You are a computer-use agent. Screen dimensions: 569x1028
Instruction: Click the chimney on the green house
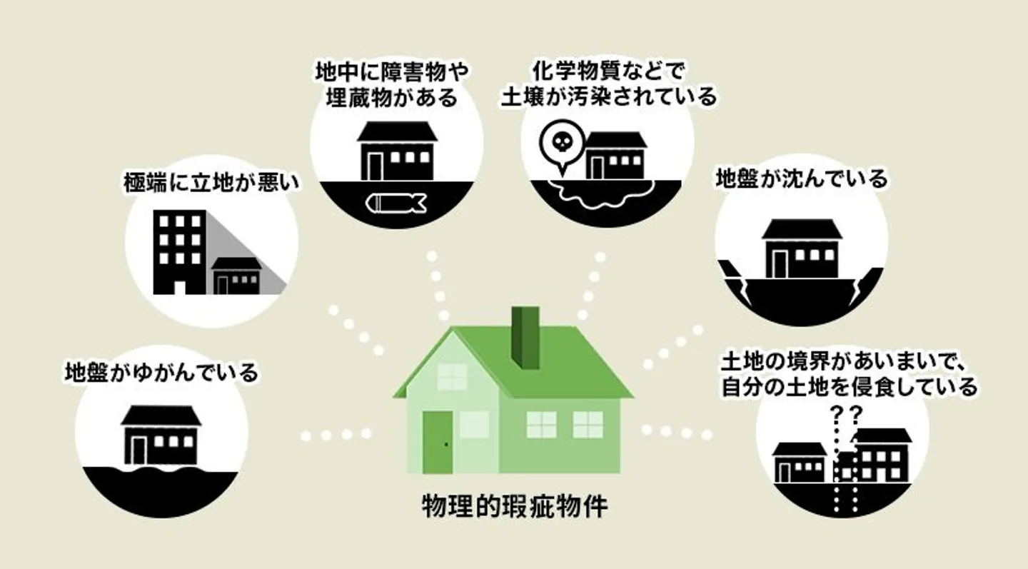[527, 338]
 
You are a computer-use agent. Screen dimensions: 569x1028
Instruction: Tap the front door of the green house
[438, 442]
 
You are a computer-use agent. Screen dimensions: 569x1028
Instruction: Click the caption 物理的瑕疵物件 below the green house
[515, 508]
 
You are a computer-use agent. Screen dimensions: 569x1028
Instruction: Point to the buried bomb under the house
[395, 203]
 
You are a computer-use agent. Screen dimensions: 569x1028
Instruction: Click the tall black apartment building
[180, 251]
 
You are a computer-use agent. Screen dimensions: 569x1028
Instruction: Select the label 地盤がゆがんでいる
[161, 372]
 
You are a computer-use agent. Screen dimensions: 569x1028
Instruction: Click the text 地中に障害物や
[396, 72]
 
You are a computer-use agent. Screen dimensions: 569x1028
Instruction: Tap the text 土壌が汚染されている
[608, 95]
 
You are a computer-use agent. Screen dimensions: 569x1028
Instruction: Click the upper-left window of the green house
[452, 377]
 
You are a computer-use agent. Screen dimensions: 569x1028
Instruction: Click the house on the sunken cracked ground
[802, 248]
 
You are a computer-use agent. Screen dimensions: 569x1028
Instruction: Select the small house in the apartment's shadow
[237, 276]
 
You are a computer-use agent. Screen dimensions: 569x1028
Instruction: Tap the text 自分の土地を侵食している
[848, 387]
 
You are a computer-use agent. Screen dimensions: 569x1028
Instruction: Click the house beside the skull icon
[615, 156]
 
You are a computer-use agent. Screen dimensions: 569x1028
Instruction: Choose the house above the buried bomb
[396, 151]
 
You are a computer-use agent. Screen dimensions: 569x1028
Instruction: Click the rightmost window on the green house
[588, 424]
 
